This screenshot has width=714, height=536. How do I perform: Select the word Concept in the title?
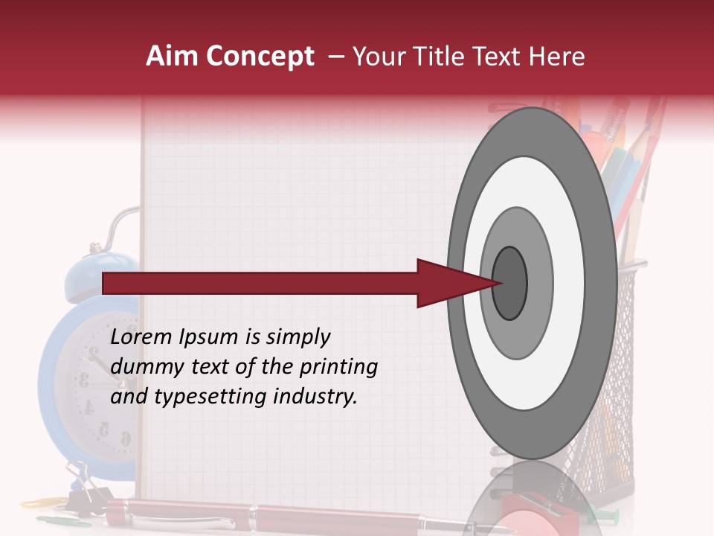[x=260, y=57]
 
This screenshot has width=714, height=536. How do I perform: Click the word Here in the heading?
[x=559, y=57]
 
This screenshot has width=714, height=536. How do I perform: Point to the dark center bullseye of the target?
[x=509, y=283]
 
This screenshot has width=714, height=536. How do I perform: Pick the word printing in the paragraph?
[x=338, y=367]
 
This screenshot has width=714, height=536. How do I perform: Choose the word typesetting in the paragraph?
[x=201, y=397]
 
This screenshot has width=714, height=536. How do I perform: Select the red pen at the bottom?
[x=297, y=514]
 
